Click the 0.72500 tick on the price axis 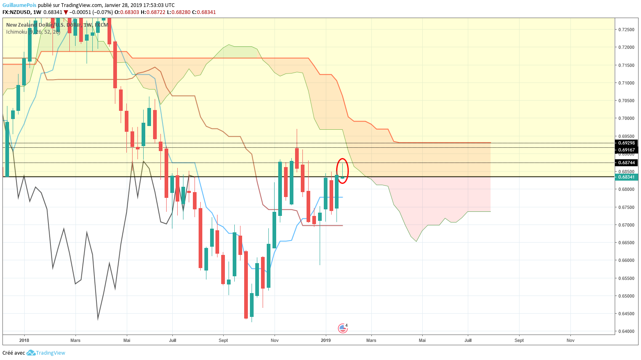click(626, 30)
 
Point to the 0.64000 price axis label click(626, 331)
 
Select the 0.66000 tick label click(626, 260)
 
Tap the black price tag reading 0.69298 click(626, 143)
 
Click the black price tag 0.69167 click(626, 150)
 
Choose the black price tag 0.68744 click(626, 163)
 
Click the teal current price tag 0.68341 click(626, 177)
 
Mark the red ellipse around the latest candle click(343, 171)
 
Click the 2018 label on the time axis click(24, 340)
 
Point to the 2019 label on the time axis click(326, 340)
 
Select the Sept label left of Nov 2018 click(223, 340)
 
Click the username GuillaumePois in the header click(19, 5)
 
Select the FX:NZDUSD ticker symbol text click(16, 12)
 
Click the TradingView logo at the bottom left click(46, 353)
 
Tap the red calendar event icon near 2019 click(342, 328)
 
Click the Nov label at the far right click(570, 340)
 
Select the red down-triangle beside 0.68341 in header click(66, 12)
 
